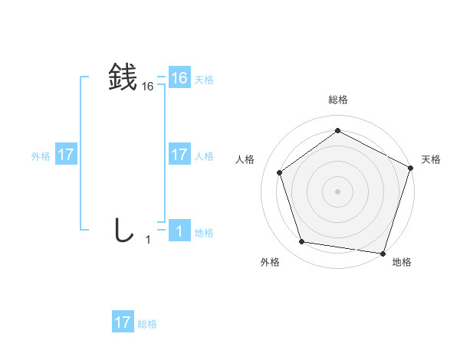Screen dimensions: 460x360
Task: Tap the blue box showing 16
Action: tap(179, 78)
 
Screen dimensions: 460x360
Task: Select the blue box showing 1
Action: tap(179, 231)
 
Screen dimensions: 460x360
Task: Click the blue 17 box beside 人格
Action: tap(179, 155)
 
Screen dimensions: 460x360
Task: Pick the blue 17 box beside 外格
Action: tap(66, 155)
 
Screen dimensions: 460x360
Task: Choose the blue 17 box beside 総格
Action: tap(123, 322)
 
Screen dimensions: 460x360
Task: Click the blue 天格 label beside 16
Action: tap(204, 80)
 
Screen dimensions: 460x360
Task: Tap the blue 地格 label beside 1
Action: tap(204, 233)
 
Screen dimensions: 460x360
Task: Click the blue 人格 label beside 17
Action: tap(204, 156)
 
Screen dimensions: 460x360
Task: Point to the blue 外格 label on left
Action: tap(41, 156)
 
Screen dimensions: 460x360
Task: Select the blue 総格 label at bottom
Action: tap(147, 324)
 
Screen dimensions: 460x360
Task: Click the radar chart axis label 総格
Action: tap(337, 100)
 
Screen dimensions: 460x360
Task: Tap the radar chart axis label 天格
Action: tap(431, 159)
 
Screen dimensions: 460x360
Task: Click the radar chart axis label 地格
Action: tap(402, 262)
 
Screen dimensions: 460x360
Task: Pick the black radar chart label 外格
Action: tap(270, 262)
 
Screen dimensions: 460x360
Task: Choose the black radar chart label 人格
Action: tap(245, 159)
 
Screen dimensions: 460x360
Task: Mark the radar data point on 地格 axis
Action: tap(383, 253)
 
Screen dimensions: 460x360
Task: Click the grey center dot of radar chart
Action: tap(337, 191)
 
